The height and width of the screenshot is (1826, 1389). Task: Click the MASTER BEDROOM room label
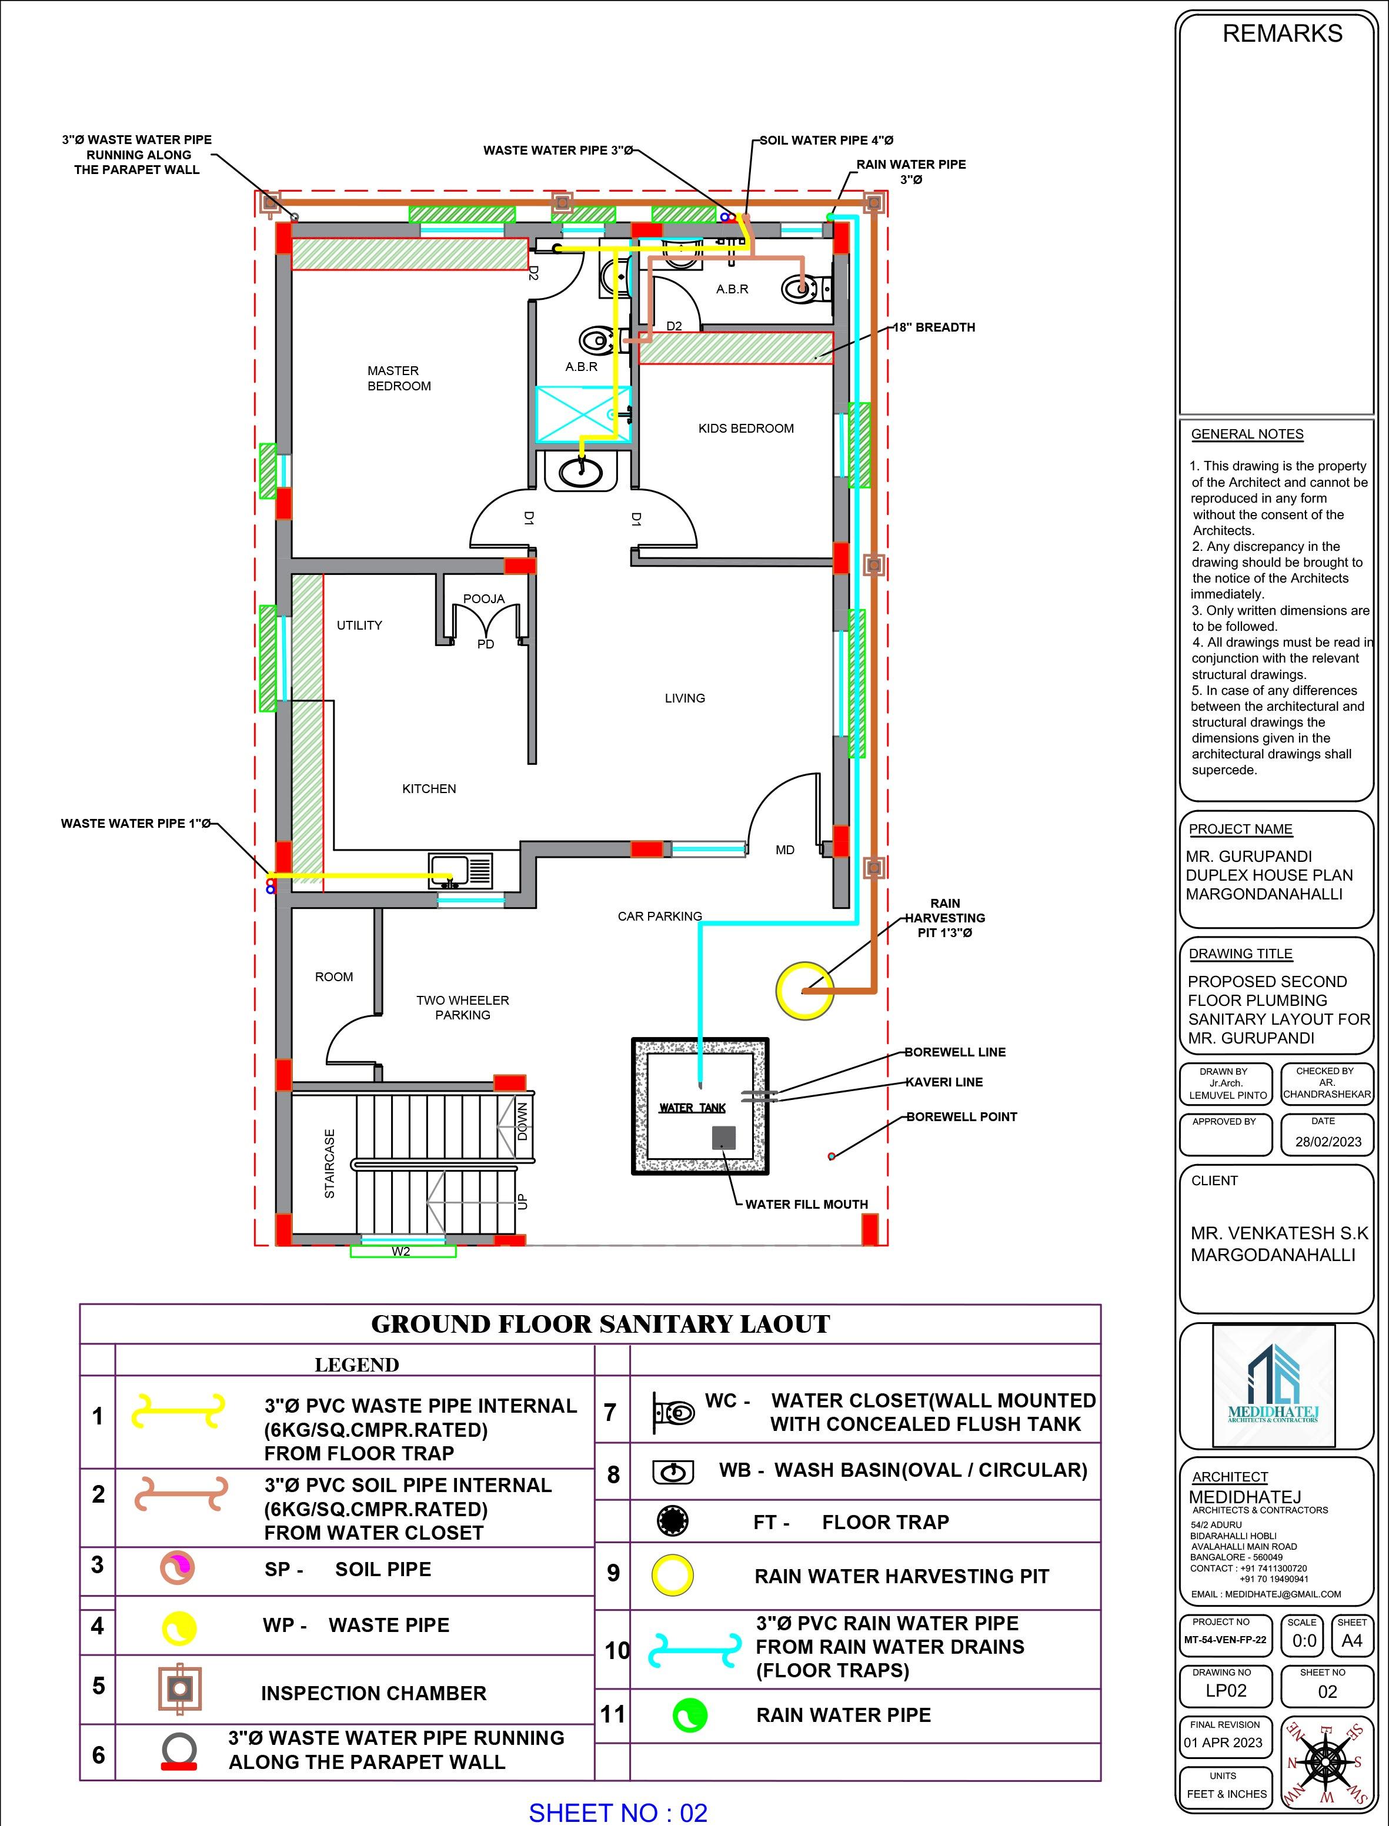(x=399, y=378)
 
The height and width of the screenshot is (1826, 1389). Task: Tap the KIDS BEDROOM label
(x=746, y=428)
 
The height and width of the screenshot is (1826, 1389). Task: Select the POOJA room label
(x=483, y=598)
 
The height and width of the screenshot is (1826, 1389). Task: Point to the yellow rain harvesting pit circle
(x=804, y=989)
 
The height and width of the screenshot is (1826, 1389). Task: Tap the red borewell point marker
(x=832, y=1156)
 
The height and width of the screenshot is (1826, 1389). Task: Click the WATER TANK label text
(x=692, y=1108)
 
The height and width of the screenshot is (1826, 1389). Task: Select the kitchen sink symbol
(x=460, y=871)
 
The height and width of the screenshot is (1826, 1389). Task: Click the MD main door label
(x=784, y=850)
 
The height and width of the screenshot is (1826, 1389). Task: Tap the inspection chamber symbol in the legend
(x=180, y=1687)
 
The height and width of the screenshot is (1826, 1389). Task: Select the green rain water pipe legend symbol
(x=690, y=1715)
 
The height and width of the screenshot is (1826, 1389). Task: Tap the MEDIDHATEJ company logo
(x=1273, y=1384)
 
